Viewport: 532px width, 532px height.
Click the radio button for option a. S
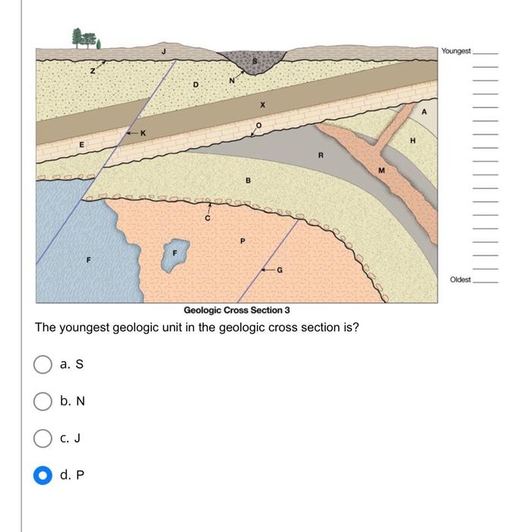(43, 365)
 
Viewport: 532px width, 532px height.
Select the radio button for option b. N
(43, 401)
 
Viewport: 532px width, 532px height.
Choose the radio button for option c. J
(43, 438)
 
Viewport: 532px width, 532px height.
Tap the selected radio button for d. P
(43, 475)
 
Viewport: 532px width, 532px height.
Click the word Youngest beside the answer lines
(456, 51)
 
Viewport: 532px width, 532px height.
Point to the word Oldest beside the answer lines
(461, 280)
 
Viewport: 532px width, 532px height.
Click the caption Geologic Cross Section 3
(236, 310)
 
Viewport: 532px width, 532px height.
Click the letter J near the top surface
(163, 52)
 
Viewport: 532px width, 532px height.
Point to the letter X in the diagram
(263, 104)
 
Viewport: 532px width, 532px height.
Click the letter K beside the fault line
(142, 133)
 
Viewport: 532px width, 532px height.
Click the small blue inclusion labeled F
(174, 257)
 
